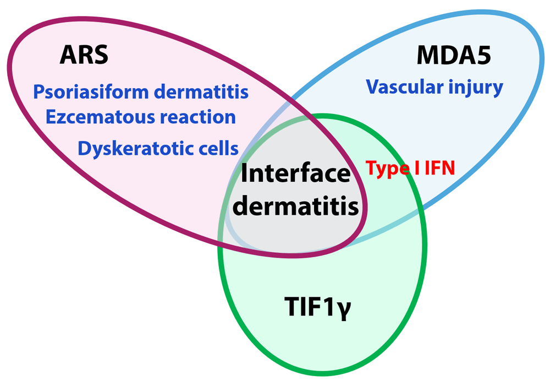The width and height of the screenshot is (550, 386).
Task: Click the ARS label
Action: point(84,55)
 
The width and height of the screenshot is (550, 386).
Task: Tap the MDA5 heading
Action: point(454,55)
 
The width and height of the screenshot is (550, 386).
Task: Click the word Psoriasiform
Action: point(91,93)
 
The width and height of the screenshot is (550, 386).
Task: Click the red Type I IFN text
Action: point(410,168)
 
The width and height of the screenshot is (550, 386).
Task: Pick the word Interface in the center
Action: point(295,173)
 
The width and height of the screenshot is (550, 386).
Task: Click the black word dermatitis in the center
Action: point(295,205)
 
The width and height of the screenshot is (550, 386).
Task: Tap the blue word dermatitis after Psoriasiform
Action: point(201,92)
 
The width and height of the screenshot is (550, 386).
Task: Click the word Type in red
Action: point(388,169)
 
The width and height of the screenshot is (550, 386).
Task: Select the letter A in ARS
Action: point(68,55)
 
